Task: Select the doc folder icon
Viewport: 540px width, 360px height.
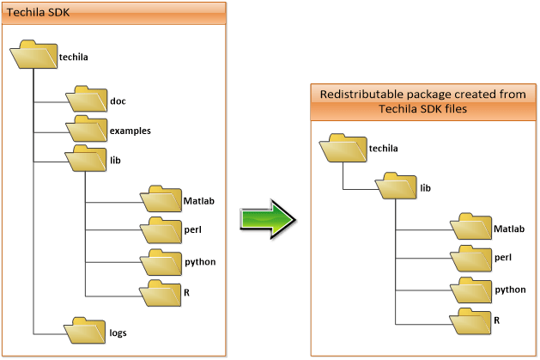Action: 85,100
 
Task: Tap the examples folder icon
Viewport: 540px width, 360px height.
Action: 85,130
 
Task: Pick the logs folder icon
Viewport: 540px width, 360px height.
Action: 85,331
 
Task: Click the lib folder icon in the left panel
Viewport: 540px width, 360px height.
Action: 85,159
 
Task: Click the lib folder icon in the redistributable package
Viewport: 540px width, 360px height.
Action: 395,186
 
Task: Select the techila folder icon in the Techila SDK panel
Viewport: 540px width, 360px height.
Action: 33,57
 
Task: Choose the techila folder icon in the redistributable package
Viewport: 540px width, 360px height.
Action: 342,148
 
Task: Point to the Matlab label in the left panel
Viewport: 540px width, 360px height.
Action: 198,201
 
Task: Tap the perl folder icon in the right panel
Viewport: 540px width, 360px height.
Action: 470,259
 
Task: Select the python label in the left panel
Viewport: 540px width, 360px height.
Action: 199,261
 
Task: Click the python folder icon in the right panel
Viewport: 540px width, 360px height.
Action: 470,290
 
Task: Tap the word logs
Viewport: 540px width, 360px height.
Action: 118,332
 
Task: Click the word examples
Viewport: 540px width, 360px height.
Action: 130,131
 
